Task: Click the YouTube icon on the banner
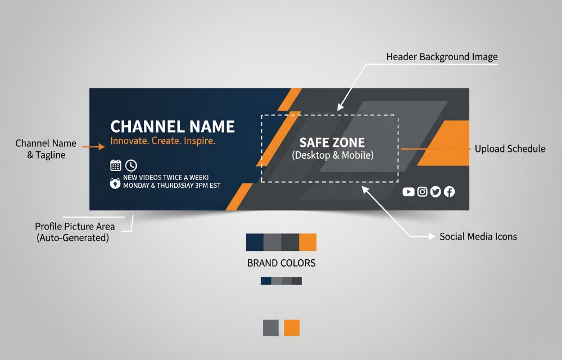coord(409,192)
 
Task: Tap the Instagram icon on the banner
coord(422,192)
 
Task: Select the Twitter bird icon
coord(436,192)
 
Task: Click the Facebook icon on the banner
coord(449,192)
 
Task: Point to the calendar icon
coord(116,165)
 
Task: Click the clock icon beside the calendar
coord(131,165)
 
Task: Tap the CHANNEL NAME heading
coord(173,127)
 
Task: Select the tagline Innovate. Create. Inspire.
coord(162,141)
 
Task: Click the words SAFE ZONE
coord(332,143)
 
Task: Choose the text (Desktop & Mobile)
coord(333,155)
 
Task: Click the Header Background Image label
coord(442,57)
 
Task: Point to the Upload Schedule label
coord(510,149)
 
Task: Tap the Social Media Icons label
coord(478,237)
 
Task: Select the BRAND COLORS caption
coord(281,263)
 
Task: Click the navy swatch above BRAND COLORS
coord(255,242)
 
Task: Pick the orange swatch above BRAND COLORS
coord(307,242)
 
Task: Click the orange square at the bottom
coord(292,328)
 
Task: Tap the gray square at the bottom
coord(271,328)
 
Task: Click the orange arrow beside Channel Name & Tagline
coord(93,146)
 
